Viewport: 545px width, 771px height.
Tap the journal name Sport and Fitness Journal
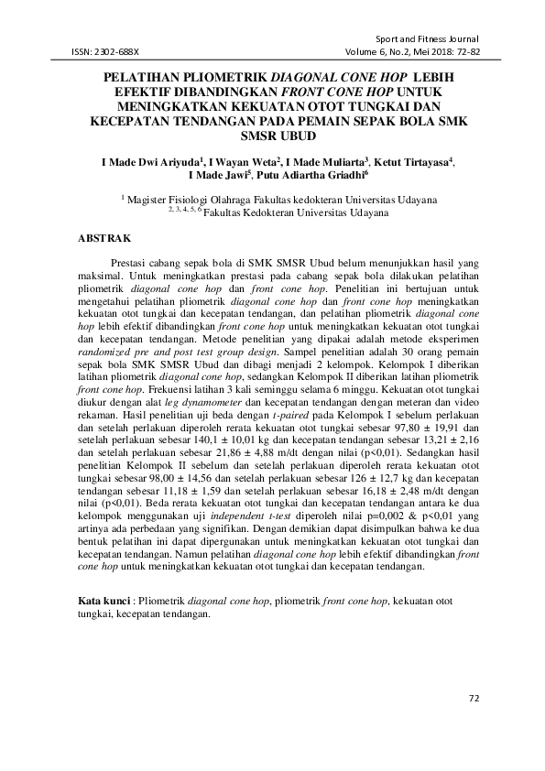click(x=429, y=40)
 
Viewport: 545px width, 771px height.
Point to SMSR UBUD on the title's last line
click(x=272, y=136)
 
